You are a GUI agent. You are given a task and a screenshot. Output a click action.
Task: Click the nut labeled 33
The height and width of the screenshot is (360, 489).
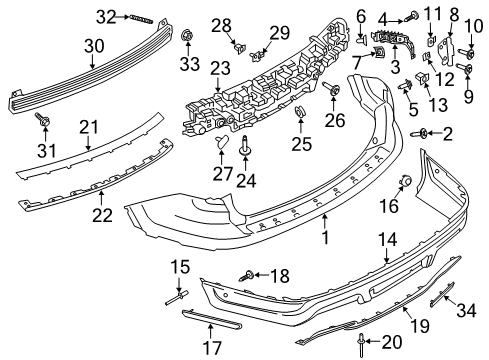188,38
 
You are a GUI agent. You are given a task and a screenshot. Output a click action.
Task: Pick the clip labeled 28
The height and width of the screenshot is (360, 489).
239,44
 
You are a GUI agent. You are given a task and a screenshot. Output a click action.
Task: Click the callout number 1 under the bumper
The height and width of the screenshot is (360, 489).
324,241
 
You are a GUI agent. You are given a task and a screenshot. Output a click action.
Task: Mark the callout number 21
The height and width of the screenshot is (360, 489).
89,126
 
